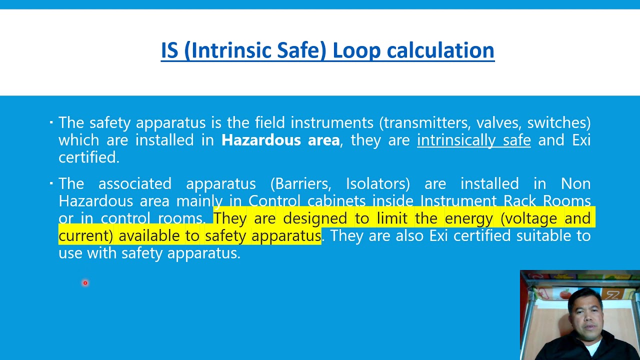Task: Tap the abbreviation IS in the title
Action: (x=170, y=50)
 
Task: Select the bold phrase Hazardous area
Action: (x=280, y=140)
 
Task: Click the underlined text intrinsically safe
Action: (x=473, y=140)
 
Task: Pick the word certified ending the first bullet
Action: (x=88, y=157)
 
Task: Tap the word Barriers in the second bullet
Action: (x=300, y=183)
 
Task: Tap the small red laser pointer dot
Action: (x=85, y=283)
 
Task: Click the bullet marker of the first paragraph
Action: (x=51, y=122)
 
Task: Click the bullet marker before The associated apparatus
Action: (x=51, y=183)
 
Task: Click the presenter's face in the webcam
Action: (x=583, y=309)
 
